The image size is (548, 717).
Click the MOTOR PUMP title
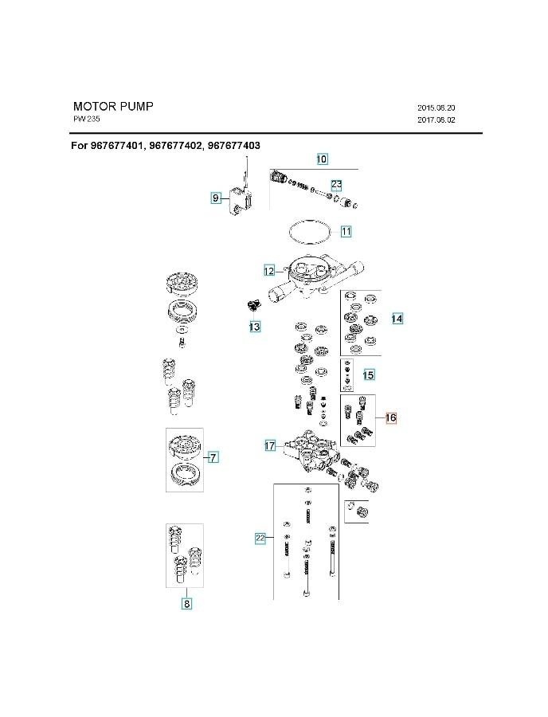coord(113,106)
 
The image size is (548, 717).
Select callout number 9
coord(215,198)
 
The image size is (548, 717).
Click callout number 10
coord(322,159)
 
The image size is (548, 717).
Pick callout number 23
coord(336,184)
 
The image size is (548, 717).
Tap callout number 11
coord(346,232)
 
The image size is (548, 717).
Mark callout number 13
coord(253,327)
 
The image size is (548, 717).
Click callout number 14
coord(397,319)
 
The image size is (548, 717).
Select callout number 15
coord(368,374)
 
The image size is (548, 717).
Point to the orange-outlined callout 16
coord(390,417)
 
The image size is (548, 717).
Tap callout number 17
coord(270,446)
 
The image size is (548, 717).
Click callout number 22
coord(260,539)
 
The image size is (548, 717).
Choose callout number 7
coord(213,457)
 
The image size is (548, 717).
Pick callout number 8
coord(186,604)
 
